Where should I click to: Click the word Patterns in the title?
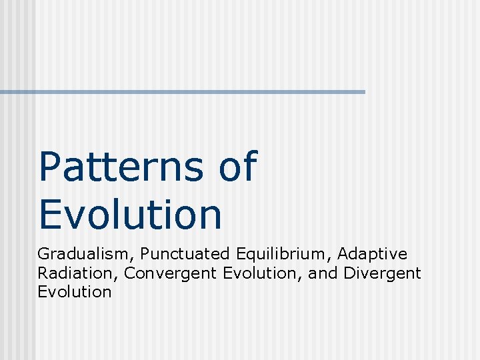point(120,167)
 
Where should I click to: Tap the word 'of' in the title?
point(237,167)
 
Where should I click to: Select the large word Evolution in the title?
point(130,214)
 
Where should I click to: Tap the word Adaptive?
point(373,254)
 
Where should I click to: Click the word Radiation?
point(77,273)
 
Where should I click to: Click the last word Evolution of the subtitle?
point(75,291)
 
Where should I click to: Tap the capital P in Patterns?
point(50,167)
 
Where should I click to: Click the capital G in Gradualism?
point(43,254)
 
